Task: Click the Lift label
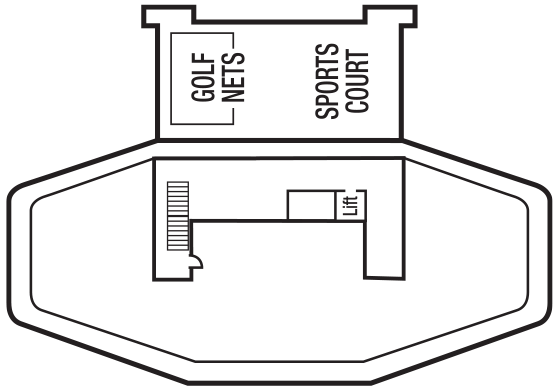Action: pyautogui.click(x=349, y=205)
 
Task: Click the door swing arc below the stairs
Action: pyautogui.click(x=198, y=261)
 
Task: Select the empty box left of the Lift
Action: pyautogui.click(x=311, y=204)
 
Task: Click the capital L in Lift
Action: pyautogui.click(x=349, y=213)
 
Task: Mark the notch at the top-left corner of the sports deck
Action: pyautogui.click(x=151, y=17)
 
